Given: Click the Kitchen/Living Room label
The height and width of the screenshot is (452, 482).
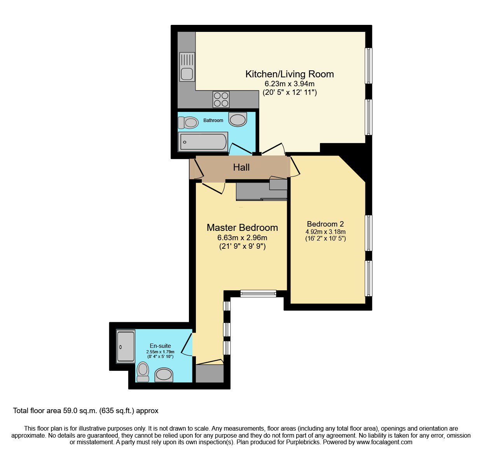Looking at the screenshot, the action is (290, 74).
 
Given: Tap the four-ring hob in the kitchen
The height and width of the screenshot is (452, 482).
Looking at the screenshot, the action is (221, 99).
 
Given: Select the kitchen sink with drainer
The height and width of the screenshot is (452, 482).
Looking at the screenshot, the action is (187, 67).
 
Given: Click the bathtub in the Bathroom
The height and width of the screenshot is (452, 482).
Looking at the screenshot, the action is (203, 142).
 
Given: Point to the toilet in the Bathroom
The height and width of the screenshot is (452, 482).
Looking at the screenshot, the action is (188, 122).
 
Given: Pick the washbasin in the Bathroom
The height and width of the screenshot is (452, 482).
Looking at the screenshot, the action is (238, 119).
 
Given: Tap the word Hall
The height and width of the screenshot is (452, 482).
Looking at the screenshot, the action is (241, 167).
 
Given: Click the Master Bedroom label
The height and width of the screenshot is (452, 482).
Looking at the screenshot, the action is (242, 227).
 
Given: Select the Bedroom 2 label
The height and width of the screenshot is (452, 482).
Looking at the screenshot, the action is (325, 224).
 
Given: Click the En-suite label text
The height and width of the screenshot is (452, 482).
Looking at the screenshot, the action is (160, 346).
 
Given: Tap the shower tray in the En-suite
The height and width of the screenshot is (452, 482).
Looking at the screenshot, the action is (126, 346).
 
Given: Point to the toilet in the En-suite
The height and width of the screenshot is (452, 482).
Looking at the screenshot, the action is (143, 372).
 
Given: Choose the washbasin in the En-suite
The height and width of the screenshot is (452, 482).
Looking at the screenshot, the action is (164, 375).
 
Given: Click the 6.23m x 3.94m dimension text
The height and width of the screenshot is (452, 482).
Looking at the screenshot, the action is (290, 84).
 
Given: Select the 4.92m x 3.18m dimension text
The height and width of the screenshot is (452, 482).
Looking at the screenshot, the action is (325, 232).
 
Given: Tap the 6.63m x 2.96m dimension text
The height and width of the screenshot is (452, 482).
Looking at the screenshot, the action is (242, 237).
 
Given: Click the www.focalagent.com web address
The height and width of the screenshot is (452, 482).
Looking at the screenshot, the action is (384, 442).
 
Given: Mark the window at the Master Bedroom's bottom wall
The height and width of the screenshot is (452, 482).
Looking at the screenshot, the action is (258, 293).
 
